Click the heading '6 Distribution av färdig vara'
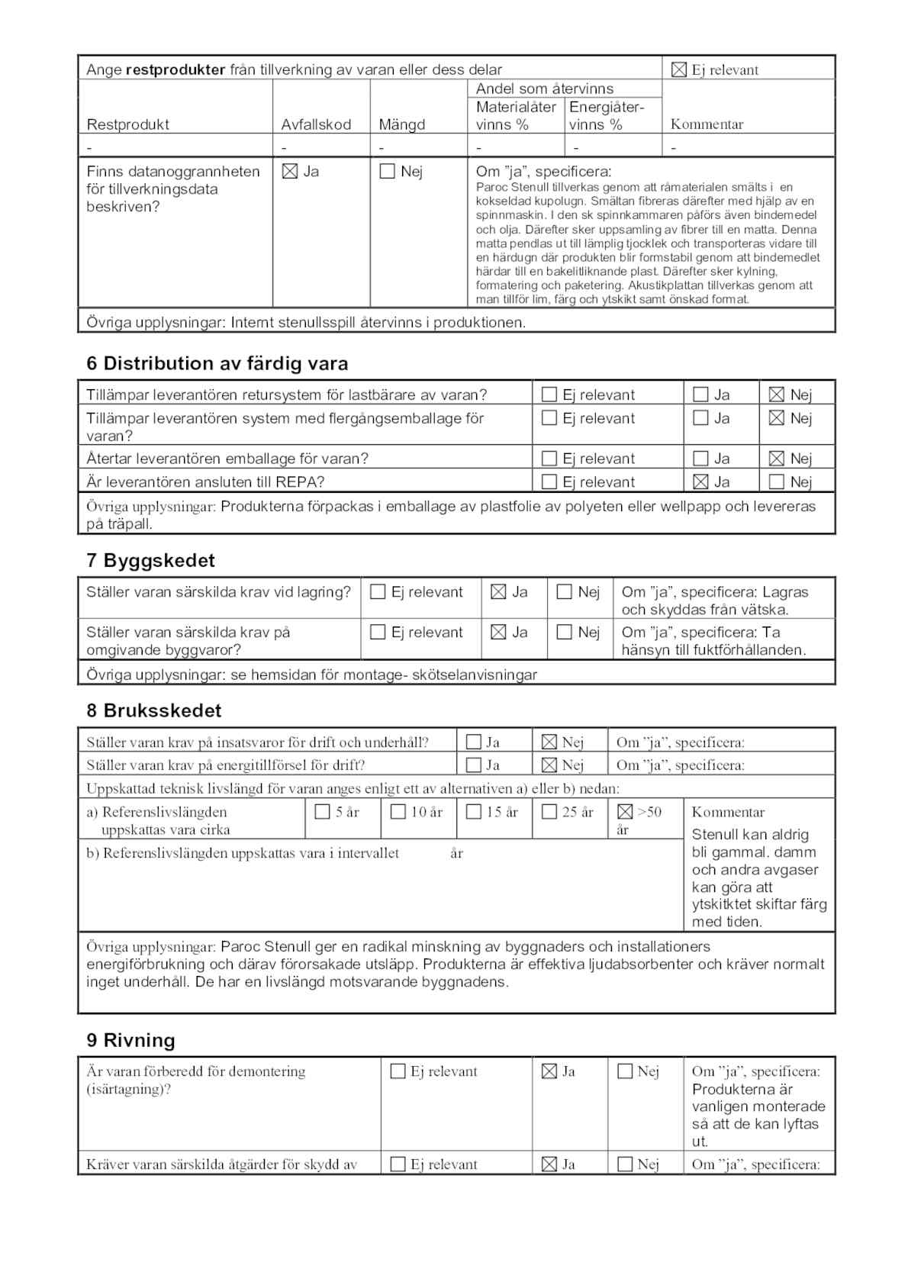click(217, 363)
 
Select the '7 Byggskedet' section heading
click(150, 560)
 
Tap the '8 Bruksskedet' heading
click(153, 710)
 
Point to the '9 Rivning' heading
click(130, 1040)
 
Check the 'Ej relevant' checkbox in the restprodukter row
click(678, 70)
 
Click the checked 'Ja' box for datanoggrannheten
click(290, 172)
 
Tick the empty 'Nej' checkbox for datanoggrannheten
click(388, 172)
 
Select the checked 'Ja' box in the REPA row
click(700, 482)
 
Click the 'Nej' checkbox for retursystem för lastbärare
click(777, 395)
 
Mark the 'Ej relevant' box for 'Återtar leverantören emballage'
click(549, 459)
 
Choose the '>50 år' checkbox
click(625, 812)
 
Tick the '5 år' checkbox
click(322, 812)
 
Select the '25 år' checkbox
click(549, 812)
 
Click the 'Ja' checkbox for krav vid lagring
click(498, 592)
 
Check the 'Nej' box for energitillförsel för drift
click(549, 765)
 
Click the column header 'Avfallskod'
click(316, 124)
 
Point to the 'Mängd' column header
click(402, 124)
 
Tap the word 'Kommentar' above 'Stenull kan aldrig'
click(728, 812)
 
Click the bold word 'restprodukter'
click(175, 69)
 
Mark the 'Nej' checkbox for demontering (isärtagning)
click(625, 1071)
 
